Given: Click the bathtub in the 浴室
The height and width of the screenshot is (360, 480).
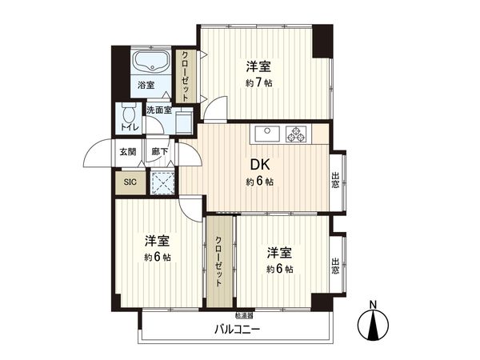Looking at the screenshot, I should [149, 62].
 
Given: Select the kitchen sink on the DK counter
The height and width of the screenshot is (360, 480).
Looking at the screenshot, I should [266, 133].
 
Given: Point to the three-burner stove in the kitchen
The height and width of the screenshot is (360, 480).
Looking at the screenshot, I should [297, 133].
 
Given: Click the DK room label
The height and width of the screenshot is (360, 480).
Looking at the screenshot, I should [259, 165].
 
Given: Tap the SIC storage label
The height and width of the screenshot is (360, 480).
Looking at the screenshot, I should [129, 182].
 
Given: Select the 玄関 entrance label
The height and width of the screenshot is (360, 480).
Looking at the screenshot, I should [128, 151].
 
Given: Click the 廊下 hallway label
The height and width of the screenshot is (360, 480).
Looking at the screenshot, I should [159, 151].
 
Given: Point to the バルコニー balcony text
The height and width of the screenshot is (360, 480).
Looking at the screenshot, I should [238, 330].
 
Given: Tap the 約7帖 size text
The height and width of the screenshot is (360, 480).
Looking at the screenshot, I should [259, 82].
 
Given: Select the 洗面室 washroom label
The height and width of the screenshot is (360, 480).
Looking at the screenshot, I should [158, 110].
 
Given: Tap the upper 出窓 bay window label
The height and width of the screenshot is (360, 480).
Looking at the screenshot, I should [335, 181].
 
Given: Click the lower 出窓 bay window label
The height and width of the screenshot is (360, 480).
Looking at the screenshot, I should [335, 265].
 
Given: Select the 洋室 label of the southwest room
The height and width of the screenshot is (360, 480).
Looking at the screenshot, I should [157, 241].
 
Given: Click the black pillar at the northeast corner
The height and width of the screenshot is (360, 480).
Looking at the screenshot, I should [322, 41].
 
